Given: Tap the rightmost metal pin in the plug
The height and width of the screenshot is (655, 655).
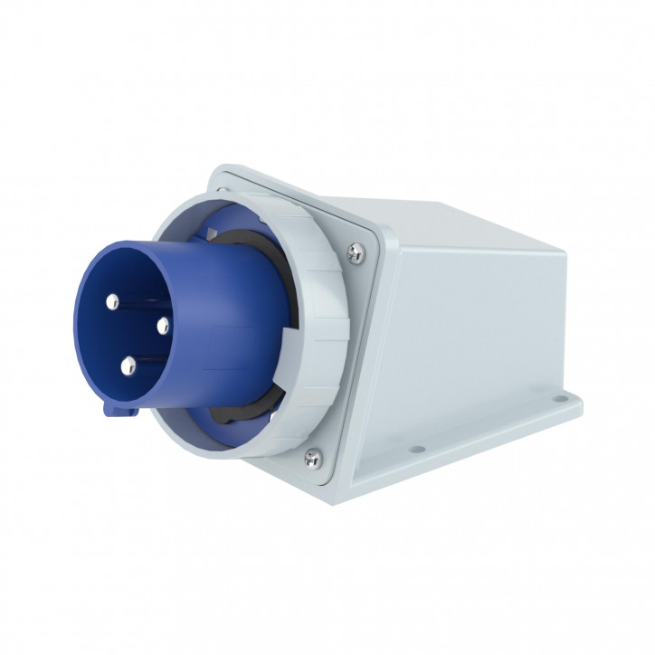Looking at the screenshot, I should pyautogui.click(x=164, y=323).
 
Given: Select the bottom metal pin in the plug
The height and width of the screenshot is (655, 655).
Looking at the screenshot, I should pyautogui.click(x=128, y=365).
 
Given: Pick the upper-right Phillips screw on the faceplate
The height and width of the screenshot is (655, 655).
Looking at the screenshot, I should pyautogui.click(x=356, y=254).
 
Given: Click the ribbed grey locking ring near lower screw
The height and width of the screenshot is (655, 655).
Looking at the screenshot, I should pyautogui.click(x=271, y=434).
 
